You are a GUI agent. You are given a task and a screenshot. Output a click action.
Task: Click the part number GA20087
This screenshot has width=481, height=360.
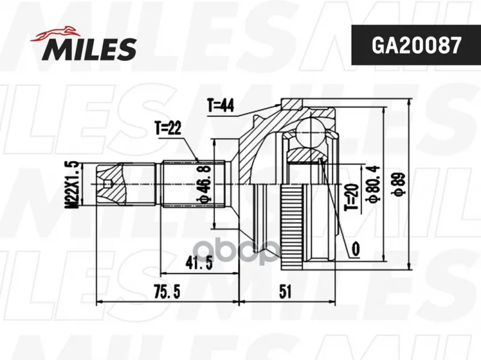click(416, 46)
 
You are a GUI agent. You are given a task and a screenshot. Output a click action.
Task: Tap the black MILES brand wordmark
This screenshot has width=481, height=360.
click(89, 49)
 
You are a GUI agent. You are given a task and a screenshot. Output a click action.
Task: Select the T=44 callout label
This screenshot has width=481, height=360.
click(220, 106)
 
